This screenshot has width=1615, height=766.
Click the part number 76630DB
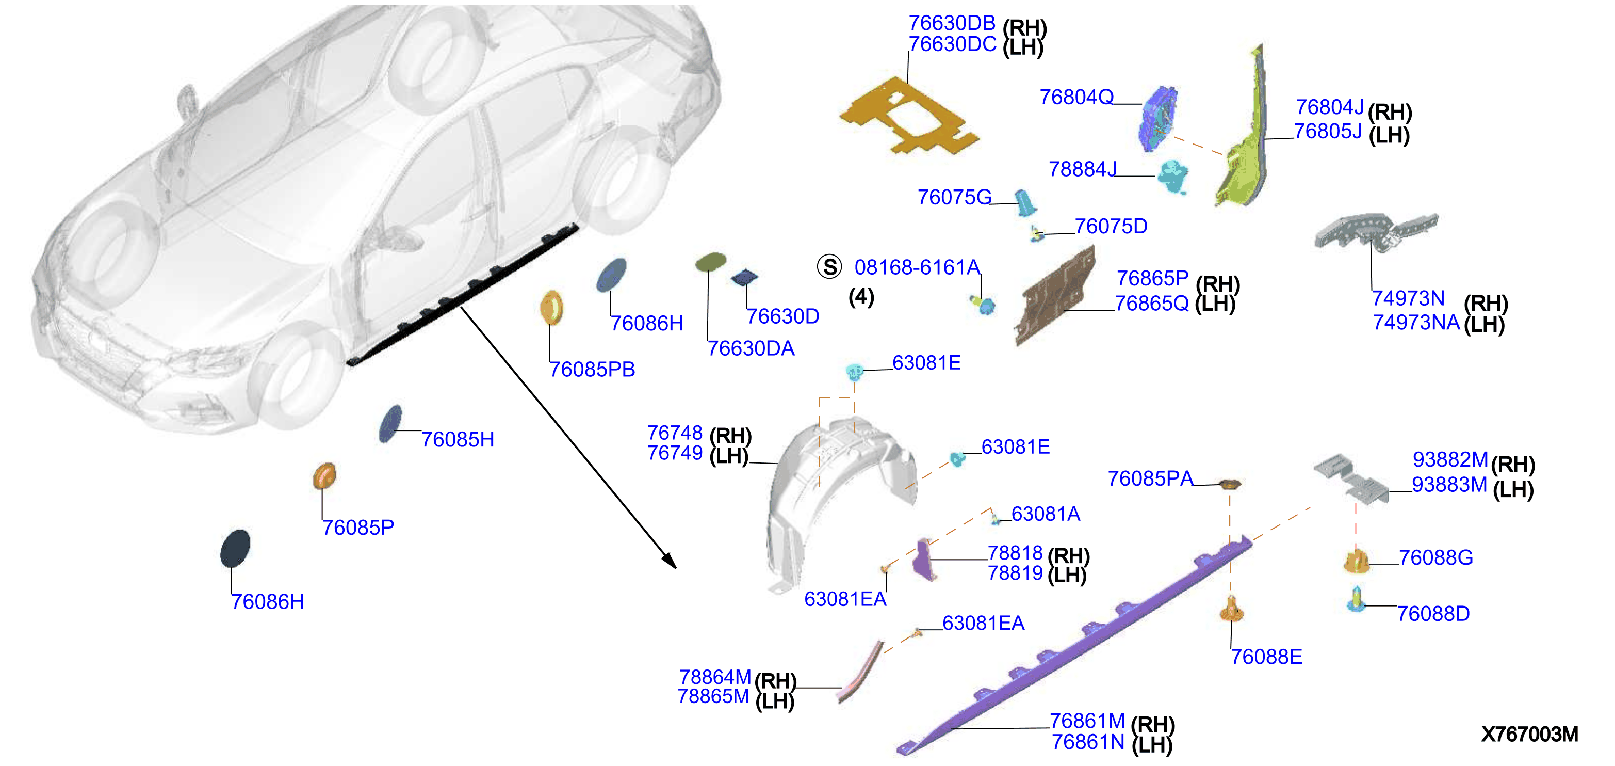(x=952, y=23)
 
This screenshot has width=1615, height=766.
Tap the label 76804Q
(x=1076, y=97)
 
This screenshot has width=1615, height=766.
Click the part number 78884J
(x=1083, y=169)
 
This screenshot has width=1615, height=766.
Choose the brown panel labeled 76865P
(x=1055, y=295)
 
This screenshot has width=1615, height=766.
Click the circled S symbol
(x=829, y=267)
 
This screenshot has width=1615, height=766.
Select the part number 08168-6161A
(x=917, y=267)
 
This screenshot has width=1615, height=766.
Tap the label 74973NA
(x=1417, y=323)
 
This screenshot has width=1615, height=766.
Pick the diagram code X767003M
(x=1530, y=734)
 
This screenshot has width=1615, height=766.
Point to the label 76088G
(x=1435, y=557)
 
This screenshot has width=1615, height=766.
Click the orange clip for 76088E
(x=1232, y=609)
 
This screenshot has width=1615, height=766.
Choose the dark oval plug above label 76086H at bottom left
(x=235, y=548)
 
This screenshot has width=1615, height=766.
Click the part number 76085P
(x=358, y=528)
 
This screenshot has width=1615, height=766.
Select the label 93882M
(x=1450, y=460)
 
